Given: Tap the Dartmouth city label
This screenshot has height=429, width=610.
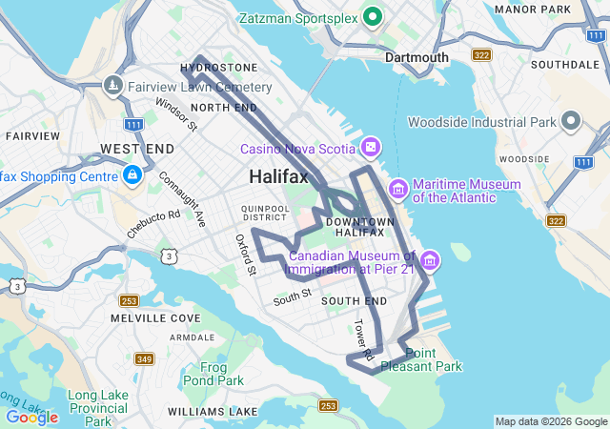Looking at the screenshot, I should tap(417, 57).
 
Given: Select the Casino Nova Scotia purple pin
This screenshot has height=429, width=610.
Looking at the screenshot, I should tap(371, 148).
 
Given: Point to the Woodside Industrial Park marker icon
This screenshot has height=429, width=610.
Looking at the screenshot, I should tap(571, 121).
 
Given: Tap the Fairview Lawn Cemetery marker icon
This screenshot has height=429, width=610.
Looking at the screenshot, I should tap(113, 86).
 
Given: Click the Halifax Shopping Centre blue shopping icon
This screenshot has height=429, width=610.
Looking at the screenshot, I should tap(132, 175).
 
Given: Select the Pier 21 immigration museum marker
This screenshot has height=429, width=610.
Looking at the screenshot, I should tap(430, 260).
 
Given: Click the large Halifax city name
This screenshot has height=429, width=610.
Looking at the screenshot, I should tap(278, 177).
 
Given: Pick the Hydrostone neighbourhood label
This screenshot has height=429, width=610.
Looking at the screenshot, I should tap(218, 68).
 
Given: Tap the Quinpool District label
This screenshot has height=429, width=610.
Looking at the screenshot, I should tap(265, 211).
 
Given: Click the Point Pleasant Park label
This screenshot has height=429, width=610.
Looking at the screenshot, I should tap(421, 359).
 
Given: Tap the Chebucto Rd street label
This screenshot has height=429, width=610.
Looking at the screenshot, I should tap(153, 223).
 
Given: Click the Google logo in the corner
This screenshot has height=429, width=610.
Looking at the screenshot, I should tap(31, 417).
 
